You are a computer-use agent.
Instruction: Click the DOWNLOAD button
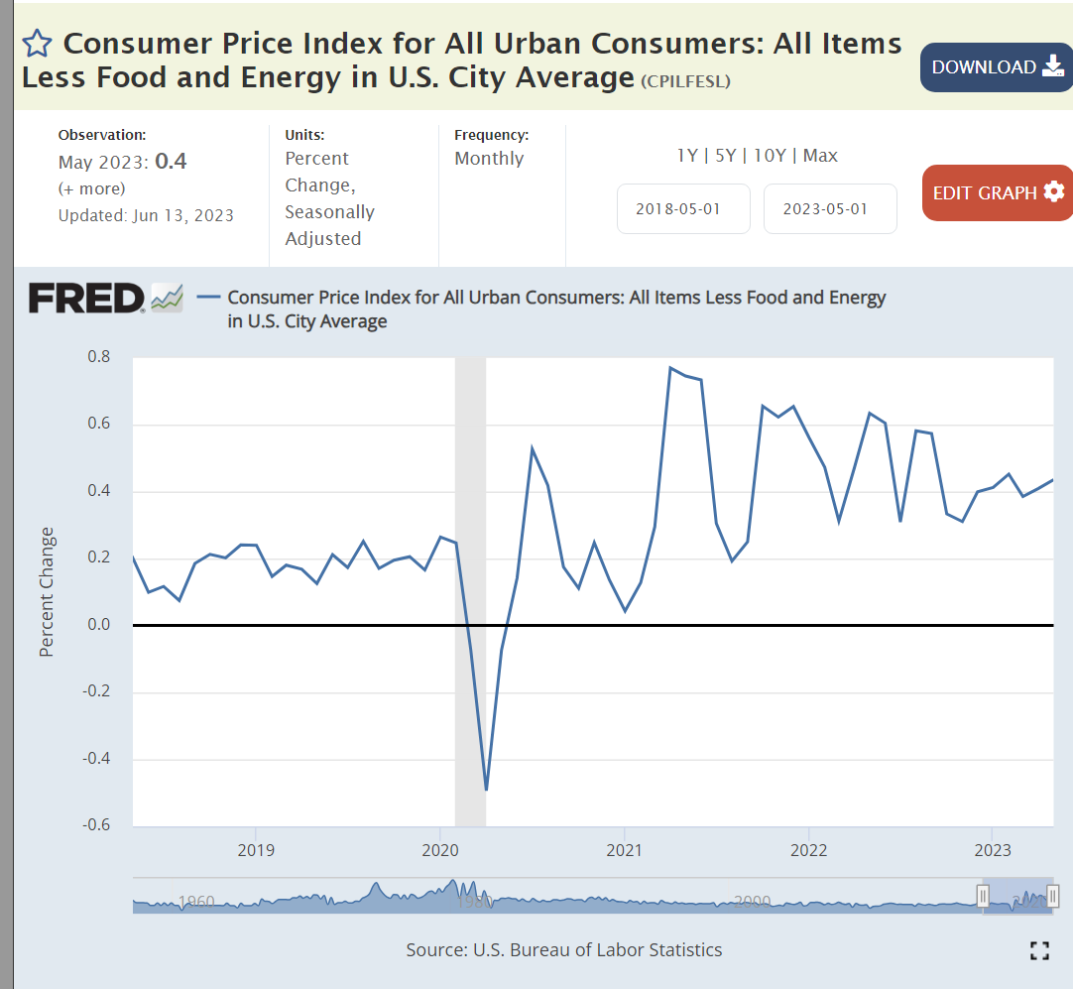pos(996,67)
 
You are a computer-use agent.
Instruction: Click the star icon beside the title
pos(37,44)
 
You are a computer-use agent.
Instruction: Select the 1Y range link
pos(686,156)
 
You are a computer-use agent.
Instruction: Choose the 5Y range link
pos(725,156)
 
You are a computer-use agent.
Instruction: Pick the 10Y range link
pos(771,156)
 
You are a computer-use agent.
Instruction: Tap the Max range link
pos(820,156)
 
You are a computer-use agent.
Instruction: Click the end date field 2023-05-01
pos(830,209)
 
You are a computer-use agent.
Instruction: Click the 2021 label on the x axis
pos(624,850)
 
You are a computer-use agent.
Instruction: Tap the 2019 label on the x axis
pos(256,850)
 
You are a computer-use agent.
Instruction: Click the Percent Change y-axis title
pos(47,592)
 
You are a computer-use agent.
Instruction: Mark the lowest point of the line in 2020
pos(486,790)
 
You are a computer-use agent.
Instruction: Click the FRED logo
pos(87,298)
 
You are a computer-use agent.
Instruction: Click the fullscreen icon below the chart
pos(1039,950)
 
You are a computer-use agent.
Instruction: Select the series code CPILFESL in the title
pos(685,81)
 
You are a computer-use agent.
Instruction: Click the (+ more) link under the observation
pos(92,188)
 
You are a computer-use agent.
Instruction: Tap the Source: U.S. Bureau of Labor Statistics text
pos(563,950)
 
